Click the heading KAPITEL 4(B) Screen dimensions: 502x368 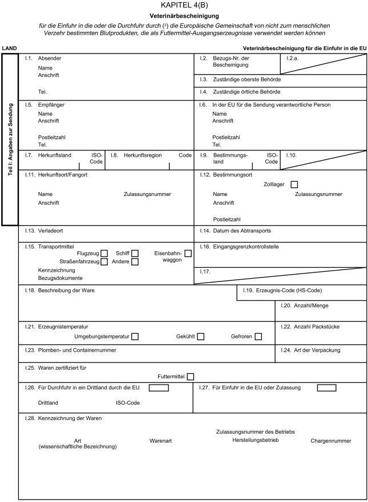[183, 5]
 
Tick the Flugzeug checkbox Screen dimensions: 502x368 [104, 253]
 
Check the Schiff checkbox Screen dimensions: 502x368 [135, 253]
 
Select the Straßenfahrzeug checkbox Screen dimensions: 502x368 [104, 262]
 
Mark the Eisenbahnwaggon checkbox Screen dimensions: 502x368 [188, 253]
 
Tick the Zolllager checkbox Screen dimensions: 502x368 [294, 184]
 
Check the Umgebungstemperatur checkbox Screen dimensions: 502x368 [135, 337]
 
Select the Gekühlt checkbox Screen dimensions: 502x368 [201, 337]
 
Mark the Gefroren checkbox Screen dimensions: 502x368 [258, 337]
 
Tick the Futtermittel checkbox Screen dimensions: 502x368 [191, 376]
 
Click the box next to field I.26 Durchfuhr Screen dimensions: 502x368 [159, 388]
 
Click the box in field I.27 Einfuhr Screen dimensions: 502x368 [326, 388]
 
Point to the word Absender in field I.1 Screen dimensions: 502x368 [49, 59]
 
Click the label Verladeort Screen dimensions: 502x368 [50, 231]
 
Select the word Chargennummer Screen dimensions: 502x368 [331, 441]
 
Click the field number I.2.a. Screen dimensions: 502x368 [294, 59]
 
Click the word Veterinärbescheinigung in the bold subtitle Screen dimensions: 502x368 [184, 16]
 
